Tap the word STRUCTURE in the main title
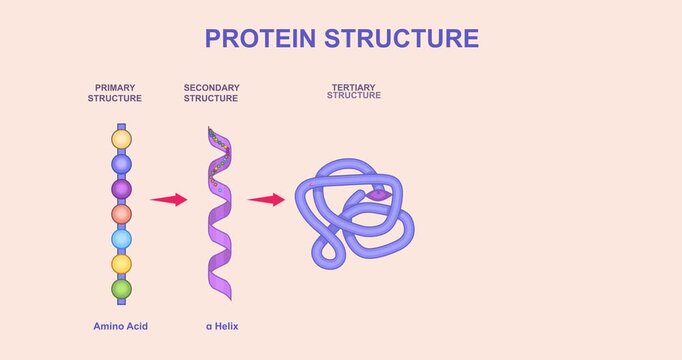click(406, 38)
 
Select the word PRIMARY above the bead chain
click(115, 88)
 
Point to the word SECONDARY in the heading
click(211, 88)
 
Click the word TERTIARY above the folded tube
click(353, 88)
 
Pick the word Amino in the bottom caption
click(108, 326)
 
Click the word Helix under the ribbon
click(225, 326)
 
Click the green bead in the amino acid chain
click(121, 289)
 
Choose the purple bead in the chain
click(121, 188)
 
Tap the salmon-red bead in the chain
click(121, 213)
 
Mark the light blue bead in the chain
click(121, 239)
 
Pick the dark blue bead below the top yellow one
click(121, 163)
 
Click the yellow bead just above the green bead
click(121, 264)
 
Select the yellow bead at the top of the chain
click(121, 138)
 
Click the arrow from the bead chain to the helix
click(169, 200)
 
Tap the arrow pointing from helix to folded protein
click(266, 200)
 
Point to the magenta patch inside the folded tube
click(376, 196)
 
